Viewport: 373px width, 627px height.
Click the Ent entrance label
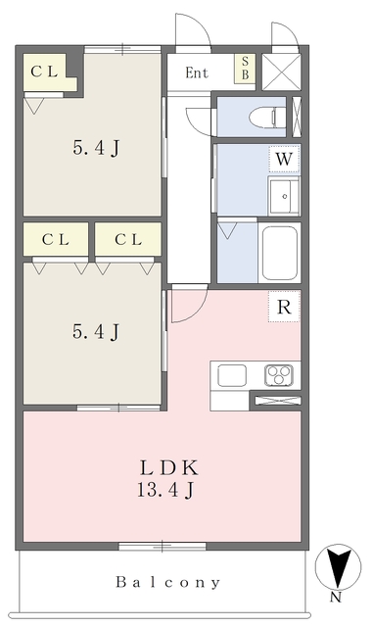tap(197, 72)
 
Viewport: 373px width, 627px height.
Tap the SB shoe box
tap(245, 68)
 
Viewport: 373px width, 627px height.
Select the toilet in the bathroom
tap(266, 118)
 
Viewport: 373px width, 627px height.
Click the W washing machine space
tap(284, 159)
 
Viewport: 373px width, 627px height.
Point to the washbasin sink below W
tap(284, 196)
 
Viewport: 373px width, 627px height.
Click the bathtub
tap(279, 252)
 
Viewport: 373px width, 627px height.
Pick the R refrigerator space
tap(284, 307)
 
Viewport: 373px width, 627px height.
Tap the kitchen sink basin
tap(231, 376)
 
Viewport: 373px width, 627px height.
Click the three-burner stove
tap(279, 375)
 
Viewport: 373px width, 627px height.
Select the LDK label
tap(168, 468)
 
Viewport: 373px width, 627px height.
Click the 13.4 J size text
tap(165, 490)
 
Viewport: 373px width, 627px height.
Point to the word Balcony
tap(168, 582)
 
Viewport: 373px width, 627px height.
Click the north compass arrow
tap(339, 567)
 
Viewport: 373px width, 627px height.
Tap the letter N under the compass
tap(336, 598)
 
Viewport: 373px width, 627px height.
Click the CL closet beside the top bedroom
tap(45, 72)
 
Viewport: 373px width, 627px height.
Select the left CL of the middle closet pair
tap(56, 239)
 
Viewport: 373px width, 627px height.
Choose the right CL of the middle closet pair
tap(128, 239)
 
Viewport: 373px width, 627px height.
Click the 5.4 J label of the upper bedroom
tap(96, 148)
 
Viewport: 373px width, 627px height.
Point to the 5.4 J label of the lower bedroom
tap(96, 331)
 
